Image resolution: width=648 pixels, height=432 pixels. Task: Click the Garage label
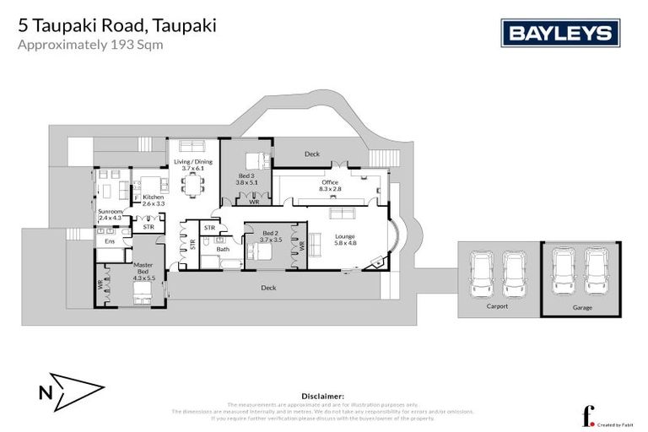point(581,307)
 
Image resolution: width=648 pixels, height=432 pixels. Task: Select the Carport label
point(498,306)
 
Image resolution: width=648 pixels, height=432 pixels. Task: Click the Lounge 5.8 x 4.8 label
point(344,240)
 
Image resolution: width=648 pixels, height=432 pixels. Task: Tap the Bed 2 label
point(270,237)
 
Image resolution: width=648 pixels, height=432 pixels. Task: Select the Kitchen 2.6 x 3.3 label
point(153,200)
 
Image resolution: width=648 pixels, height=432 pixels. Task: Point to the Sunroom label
point(111,214)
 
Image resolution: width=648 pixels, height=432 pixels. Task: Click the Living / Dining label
point(193,165)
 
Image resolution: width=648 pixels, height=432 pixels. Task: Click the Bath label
point(223,249)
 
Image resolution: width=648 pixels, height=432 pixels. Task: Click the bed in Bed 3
point(255,159)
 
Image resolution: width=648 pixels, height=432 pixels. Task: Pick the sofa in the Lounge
point(316,243)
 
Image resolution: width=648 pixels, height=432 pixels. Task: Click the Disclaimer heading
point(322,396)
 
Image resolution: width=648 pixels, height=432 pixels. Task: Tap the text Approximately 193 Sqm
point(90,46)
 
